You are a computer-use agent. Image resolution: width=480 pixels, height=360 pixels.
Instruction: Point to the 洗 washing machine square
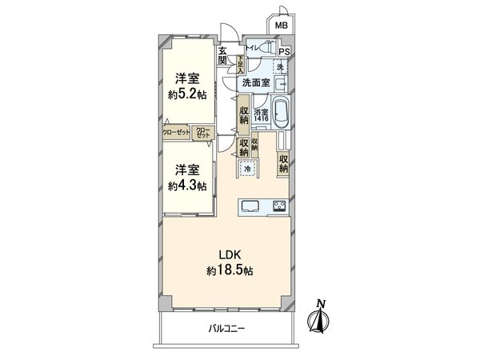coord(279,68)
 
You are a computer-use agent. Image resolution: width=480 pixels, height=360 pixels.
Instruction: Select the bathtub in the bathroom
coord(282,114)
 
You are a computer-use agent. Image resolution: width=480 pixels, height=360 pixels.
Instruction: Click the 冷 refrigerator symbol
coord(248,169)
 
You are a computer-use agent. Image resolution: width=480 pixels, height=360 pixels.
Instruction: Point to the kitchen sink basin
coord(248,205)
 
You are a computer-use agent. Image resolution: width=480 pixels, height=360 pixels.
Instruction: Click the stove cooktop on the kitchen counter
coord(279,206)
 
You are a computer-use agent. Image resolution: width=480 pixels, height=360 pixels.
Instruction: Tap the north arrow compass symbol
coord(321,317)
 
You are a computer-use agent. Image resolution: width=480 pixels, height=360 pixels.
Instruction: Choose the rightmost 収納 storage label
coord(284,163)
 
